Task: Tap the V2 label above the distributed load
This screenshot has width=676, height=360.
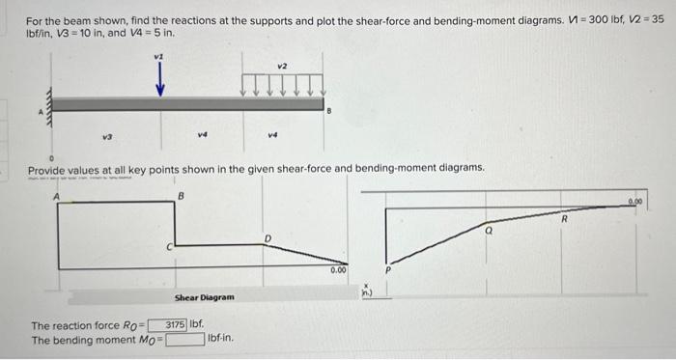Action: click(282, 66)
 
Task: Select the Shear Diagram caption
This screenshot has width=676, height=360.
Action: click(203, 297)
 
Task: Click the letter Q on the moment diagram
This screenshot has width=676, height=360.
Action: click(490, 233)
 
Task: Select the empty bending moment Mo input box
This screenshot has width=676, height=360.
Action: click(184, 339)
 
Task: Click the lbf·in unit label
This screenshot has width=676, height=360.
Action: click(220, 339)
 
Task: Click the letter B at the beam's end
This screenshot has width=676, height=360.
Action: click(329, 113)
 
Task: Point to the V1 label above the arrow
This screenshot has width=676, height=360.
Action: click(159, 57)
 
